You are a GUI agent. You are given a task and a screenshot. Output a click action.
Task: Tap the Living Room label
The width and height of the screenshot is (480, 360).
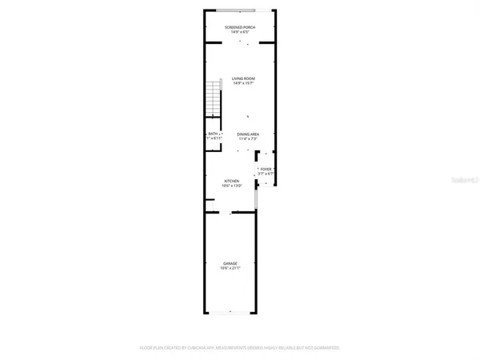pos(243,78)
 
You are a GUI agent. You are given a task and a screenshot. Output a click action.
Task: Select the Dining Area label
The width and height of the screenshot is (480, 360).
pos(247,134)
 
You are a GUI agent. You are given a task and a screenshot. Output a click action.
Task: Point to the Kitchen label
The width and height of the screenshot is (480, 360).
pos(232,181)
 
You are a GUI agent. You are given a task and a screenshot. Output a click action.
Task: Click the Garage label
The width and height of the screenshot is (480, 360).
pos(230,262)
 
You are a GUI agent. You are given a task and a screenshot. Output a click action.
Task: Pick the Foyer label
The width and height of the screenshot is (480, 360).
pos(266,169)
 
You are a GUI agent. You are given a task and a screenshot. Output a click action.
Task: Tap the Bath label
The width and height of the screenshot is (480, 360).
pos(213,134)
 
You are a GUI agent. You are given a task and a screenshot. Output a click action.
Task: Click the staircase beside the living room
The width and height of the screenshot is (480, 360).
pos(213,96)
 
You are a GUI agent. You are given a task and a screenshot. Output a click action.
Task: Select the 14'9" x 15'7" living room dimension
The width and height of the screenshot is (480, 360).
pos(243,84)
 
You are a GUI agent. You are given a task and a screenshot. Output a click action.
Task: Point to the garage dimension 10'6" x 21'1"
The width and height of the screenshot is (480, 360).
pos(230,268)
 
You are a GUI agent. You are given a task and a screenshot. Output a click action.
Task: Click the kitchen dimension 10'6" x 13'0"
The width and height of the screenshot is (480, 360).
pos(232,186)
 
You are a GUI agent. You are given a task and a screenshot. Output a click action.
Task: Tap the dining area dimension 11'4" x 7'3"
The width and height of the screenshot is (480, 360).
pos(247,140)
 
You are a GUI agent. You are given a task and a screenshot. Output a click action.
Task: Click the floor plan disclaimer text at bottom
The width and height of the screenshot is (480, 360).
pos(240,348)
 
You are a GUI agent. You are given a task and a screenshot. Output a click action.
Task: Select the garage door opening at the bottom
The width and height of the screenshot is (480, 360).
pos(230,312)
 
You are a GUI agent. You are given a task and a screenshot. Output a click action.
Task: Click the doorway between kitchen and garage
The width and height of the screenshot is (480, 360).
pos(231,212)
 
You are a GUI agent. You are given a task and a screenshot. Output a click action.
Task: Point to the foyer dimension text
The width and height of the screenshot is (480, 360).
pos(266,174)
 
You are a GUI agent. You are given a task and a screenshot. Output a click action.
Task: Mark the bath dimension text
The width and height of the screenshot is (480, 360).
pos(214,140)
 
